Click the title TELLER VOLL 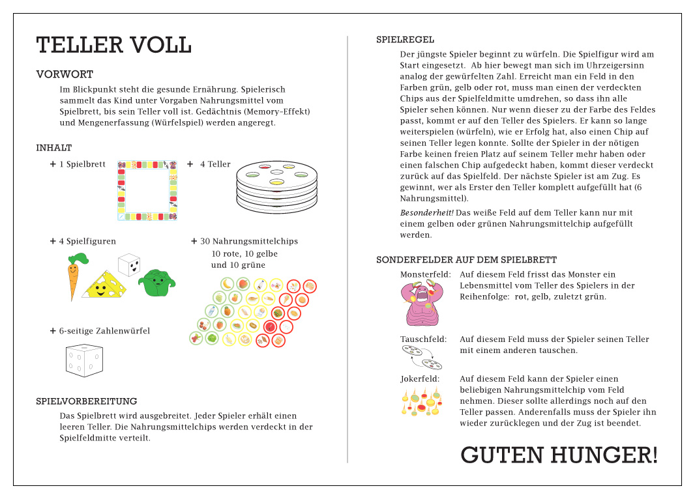coord(113,46)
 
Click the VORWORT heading coord(65,74)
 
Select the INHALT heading coord(54,148)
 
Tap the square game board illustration coord(147,190)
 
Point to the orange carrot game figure coord(74,276)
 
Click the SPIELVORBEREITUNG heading coord(87,401)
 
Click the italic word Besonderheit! coord(426,213)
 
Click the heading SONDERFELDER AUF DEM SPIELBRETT coord(466,260)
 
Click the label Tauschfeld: coord(423,339)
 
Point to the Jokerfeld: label coord(419,379)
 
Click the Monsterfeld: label coord(425,275)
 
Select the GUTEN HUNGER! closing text coord(559,455)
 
